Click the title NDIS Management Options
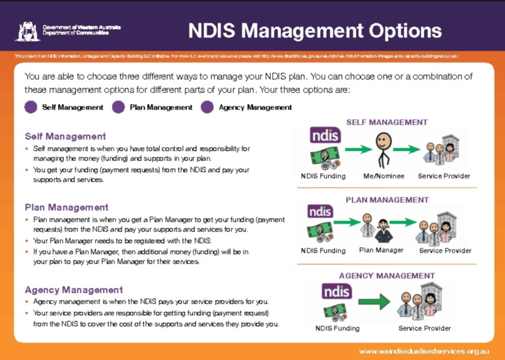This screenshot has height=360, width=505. tap(315, 30)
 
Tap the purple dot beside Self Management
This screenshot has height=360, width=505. tap(31, 107)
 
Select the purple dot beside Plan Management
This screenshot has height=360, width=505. tap(118, 107)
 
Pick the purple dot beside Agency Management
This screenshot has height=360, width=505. tap(207, 107)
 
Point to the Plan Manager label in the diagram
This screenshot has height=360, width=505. tap(381, 250)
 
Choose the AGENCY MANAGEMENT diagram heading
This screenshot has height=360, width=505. tap(387, 275)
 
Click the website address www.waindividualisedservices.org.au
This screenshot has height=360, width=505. tap(425, 351)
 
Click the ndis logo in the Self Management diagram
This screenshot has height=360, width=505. tap(326, 135)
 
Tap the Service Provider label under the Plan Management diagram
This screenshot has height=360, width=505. tap(445, 251)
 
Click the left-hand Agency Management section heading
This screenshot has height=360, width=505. tap(74, 290)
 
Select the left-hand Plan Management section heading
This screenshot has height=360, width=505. tap(66, 207)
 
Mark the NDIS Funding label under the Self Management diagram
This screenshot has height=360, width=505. tap(323, 176)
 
